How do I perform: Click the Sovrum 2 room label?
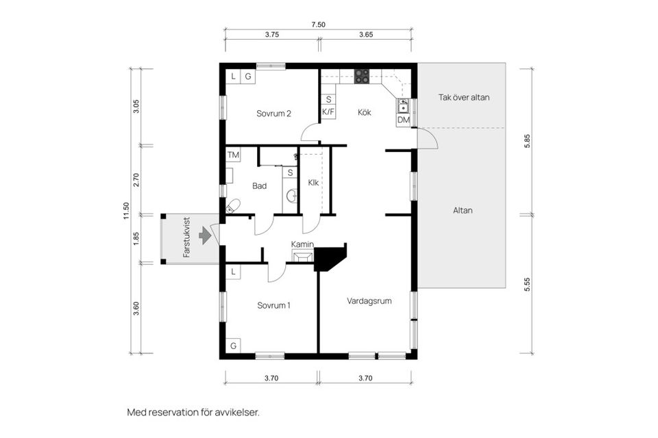point(274,114)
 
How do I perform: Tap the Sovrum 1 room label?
point(273,305)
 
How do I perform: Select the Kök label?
point(364,112)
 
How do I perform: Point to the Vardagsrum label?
point(369,300)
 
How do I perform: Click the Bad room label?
point(259,185)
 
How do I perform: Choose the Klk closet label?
point(313,183)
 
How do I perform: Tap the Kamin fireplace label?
point(302,244)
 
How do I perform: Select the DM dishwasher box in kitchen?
point(403,120)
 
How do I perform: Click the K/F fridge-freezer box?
point(328,112)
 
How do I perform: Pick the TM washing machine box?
point(233,155)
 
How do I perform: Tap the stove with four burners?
point(362,76)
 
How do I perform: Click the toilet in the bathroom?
point(233,205)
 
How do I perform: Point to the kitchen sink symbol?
point(404,105)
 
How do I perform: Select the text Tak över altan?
point(464,97)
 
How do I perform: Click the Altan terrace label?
point(463,210)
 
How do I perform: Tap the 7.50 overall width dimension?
point(318,25)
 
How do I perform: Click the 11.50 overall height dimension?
point(125,210)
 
